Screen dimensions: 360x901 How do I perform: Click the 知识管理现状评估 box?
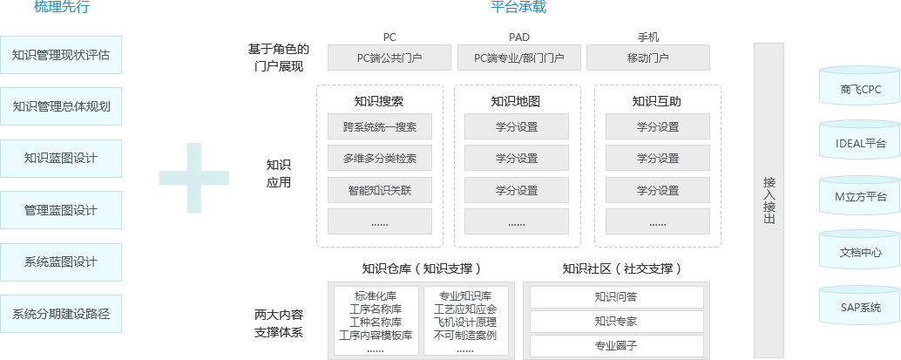[x=61, y=56]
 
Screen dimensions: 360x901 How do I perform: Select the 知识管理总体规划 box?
[x=61, y=107]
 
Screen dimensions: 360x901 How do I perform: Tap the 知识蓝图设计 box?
[x=61, y=159]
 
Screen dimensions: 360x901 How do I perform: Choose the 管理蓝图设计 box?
[x=61, y=210]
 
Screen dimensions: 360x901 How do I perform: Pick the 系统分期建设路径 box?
[x=61, y=313]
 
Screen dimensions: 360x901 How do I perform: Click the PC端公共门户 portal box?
[x=390, y=58]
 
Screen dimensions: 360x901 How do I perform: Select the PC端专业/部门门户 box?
[x=518, y=58]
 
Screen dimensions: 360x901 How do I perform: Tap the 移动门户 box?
[x=647, y=58]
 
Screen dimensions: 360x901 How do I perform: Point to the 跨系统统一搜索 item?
[x=380, y=127]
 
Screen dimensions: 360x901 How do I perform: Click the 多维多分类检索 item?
[x=380, y=159]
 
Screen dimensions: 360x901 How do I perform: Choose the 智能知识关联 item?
[x=380, y=190]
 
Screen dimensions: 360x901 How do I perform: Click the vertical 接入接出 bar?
[x=769, y=200]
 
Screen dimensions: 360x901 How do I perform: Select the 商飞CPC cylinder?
[x=861, y=89]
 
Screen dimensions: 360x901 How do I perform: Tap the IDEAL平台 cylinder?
[x=861, y=143]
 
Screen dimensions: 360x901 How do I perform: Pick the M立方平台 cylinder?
[x=861, y=198]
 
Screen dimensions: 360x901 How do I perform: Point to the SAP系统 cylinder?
[x=861, y=307]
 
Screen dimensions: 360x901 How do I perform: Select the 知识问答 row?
[x=616, y=297]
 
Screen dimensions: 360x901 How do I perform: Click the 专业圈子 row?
[x=616, y=346]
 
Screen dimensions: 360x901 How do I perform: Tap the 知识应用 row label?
[x=279, y=173]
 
